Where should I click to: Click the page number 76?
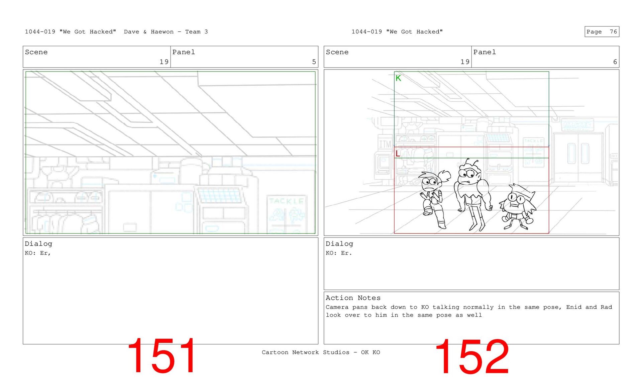613,32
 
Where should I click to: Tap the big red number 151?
162,356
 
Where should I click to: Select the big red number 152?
472,357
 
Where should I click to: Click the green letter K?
398,78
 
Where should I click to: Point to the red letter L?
398,154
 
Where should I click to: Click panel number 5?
314,62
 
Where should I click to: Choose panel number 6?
615,62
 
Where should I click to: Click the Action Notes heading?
353,298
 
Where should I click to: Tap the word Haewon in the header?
162,32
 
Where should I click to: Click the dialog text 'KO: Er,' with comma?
38,253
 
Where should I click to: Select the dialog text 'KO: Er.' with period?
339,253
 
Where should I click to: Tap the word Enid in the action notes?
574,307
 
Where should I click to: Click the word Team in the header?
193,32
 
